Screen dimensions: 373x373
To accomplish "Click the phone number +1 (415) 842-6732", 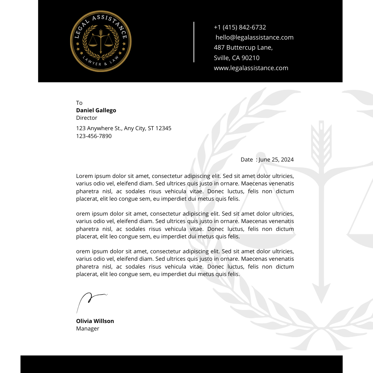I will (240, 27).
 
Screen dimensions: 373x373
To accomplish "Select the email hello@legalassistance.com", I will (254, 37).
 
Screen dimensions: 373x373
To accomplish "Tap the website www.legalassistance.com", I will (251, 68).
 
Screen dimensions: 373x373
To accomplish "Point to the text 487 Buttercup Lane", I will (243, 47).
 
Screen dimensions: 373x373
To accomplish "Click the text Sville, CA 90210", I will (236, 58).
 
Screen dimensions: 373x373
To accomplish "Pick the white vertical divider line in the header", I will (194, 42).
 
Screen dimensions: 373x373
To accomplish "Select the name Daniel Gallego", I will (96, 110).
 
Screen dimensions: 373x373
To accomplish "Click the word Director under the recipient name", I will (87, 118).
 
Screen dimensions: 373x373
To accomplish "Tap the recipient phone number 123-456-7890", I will (94, 136).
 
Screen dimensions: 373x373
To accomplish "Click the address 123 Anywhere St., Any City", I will (123, 128).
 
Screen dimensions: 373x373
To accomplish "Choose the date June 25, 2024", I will (276, 160).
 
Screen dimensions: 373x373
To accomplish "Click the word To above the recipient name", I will (79, 103).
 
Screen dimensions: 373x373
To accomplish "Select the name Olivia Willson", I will (95, 321).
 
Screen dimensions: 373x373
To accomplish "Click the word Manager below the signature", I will (88, 329).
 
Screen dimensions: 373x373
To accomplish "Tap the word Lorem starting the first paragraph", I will (84, 176).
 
